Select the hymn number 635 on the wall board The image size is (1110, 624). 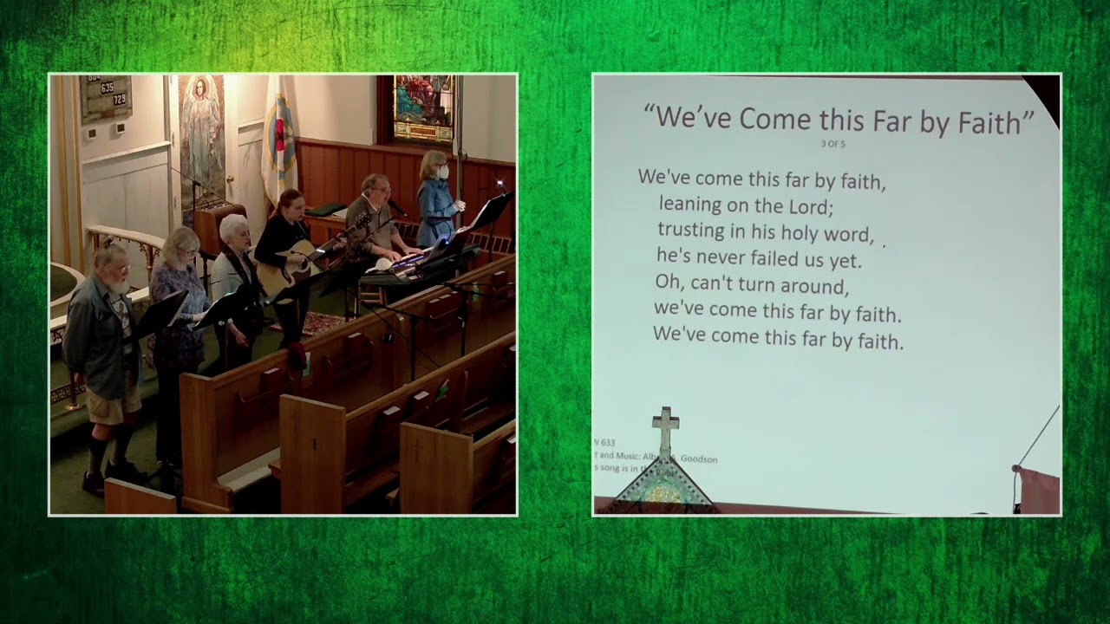tap(107, 88)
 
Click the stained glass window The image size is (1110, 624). tap(422, 107)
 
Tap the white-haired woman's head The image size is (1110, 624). tap(234, 230)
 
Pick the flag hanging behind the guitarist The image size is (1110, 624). tap(278, 139)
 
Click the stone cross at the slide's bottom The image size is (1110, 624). tap(665, 430)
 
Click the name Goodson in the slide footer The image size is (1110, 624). tap(698, 459)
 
